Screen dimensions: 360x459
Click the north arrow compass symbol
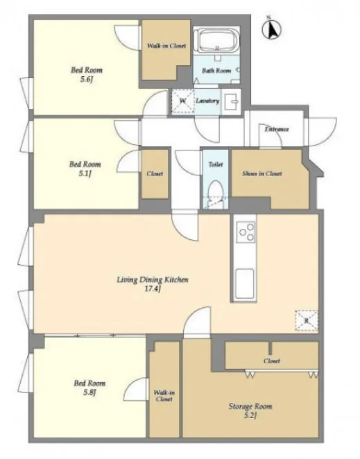point(272,28)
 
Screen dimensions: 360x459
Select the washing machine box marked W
point(183,101)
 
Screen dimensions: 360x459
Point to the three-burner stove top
point(246,232)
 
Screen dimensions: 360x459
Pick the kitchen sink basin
point(244,284)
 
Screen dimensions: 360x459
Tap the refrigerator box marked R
point(307,320)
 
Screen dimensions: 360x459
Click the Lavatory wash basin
point(231,102)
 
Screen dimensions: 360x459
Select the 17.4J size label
point(153,289)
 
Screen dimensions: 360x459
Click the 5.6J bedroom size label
point(87,80)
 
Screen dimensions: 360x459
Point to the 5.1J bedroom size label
point(85,173)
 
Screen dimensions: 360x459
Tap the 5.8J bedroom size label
point(89,392)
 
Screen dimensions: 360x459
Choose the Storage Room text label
point(250,406)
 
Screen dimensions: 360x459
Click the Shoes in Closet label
point(262,173)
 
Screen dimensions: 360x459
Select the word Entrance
point(277,129)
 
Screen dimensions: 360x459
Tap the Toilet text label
point(216,164)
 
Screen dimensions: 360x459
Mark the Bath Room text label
point(216,71)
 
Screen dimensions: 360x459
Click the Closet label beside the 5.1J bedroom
point(155,174)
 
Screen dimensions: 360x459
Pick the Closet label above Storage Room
point(272,361)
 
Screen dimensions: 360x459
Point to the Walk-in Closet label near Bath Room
point(166,46)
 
